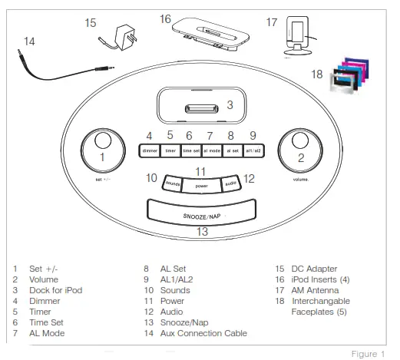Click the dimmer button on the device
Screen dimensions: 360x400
click(150, 151)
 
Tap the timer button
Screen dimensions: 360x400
click(170, 151)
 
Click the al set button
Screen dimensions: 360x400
click(231, 151)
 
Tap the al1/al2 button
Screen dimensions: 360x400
click(252, 151)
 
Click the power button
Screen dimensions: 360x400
click(201, 185)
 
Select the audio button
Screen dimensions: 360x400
click(230, 183)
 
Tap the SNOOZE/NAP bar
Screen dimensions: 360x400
click(201, 213)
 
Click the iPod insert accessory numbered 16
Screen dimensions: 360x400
click(201, 35)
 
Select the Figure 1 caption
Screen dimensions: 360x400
click(368, 354)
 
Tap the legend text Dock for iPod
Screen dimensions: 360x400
click(55, 291)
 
